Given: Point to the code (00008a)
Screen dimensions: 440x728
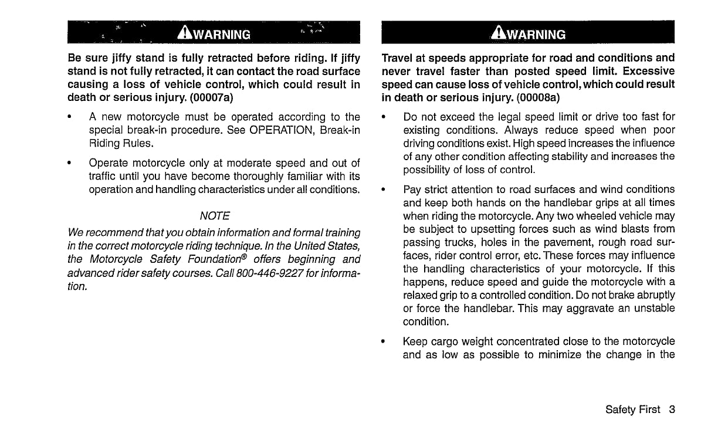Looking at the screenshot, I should [541, 97].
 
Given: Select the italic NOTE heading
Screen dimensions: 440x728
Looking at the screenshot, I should [214, 216].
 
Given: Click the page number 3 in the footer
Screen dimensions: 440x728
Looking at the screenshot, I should [671, 409].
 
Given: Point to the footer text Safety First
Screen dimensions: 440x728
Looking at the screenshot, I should [632, 409].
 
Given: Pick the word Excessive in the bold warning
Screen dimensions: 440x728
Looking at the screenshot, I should [649, 72].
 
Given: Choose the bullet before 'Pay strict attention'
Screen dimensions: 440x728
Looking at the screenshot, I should [383, 189].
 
